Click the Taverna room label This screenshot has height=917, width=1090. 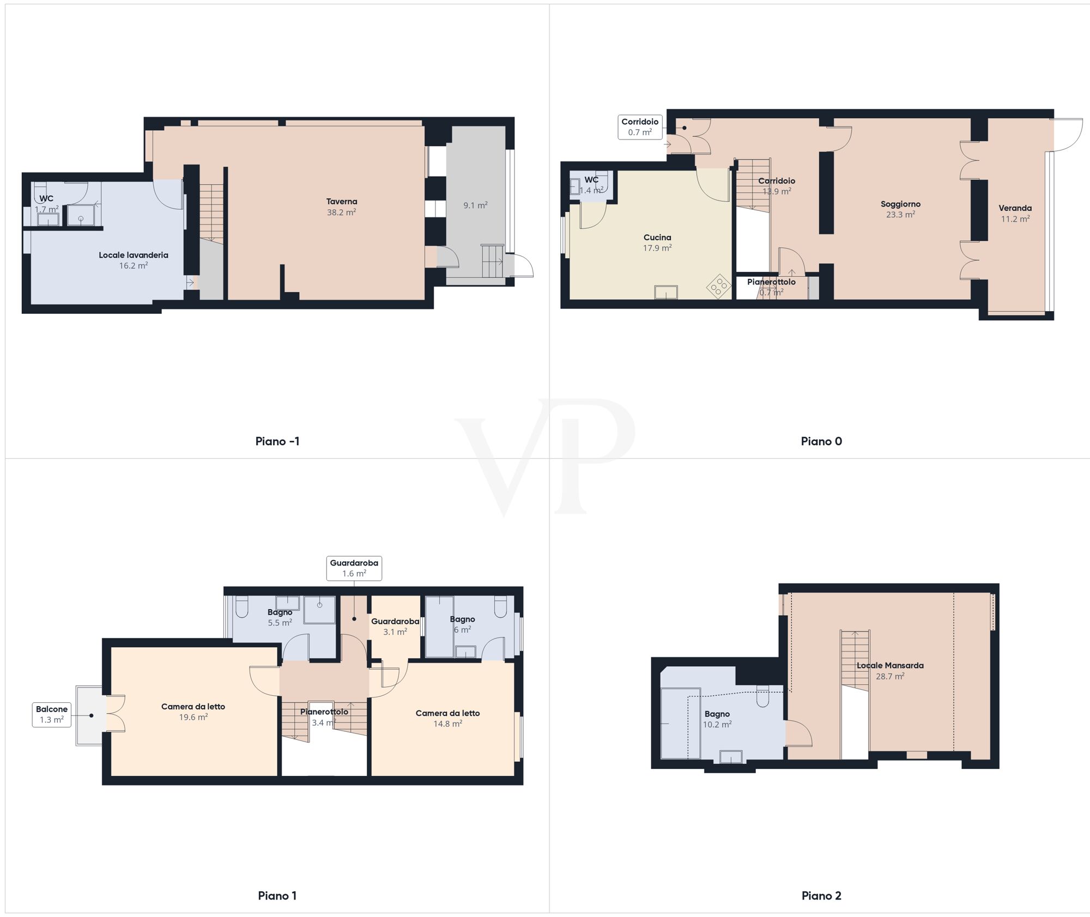(x=342, y=202)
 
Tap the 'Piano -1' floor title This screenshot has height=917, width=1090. (x=277, y=441)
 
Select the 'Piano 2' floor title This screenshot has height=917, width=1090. (x=821, y=896)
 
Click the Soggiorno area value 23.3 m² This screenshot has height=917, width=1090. (x=900, y=215)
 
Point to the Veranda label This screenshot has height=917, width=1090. (x=1015, y=208)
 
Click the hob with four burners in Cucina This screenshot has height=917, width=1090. (x=719, y=286)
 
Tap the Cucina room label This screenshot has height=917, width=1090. (x=657, y=238)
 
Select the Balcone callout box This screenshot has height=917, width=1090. (x=52, y=714)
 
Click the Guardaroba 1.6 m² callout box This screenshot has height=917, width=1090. (x=354, y=568)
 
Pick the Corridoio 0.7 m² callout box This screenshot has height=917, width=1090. (x=640, y=127)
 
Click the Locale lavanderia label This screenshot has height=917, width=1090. (x=134, y=255)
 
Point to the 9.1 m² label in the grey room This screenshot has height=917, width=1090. (x=475, y=205)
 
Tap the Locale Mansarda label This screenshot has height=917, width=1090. (x=890, y=665)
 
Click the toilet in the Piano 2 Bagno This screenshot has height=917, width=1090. (x=763, y=696)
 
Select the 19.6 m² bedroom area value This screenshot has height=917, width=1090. (x=193, y=718)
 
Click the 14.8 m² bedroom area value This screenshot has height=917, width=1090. (x=448, y=724)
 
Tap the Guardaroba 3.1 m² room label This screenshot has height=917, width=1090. (x=395, y=622)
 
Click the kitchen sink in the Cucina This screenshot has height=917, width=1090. (x=666, y=293)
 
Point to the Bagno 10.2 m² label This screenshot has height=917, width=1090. (x=717, y=714)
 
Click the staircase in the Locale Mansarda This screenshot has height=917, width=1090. (x=855, y=661)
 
